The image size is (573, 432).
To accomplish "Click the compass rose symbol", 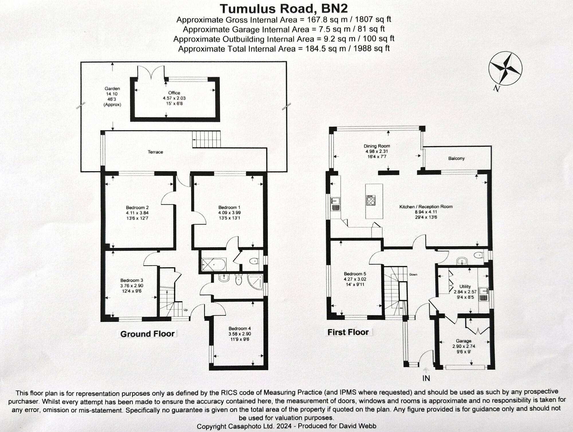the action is tap(505, 68).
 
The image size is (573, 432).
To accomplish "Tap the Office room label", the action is tap(174, 93).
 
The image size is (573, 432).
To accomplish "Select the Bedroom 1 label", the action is tap(229, 207).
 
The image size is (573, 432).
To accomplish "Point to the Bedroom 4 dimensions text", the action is tap(240, 337).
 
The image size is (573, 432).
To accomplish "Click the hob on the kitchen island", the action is tap(371, 200).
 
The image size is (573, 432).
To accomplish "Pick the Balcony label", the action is tap(456, 158).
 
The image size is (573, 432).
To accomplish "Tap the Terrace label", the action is tap(155, 152).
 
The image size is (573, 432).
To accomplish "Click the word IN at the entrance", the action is tap(426, 378).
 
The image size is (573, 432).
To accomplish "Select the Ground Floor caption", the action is tap(147, 334).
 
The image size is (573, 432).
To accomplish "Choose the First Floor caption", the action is tap(348, 332).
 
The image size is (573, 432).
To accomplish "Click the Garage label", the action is tap(463, 341).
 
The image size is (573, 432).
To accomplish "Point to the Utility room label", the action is tap(465, 286).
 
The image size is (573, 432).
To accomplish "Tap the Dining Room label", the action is tap(377, 146).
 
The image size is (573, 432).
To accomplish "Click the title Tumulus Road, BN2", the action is tap(284, 9).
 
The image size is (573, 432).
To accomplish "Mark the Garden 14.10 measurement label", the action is tap(112, 94).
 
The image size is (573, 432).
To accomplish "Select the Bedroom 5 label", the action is tap(355, 274).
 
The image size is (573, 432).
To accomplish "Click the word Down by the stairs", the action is tap(413, 274).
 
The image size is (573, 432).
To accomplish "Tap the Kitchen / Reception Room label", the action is tap(426, 207).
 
